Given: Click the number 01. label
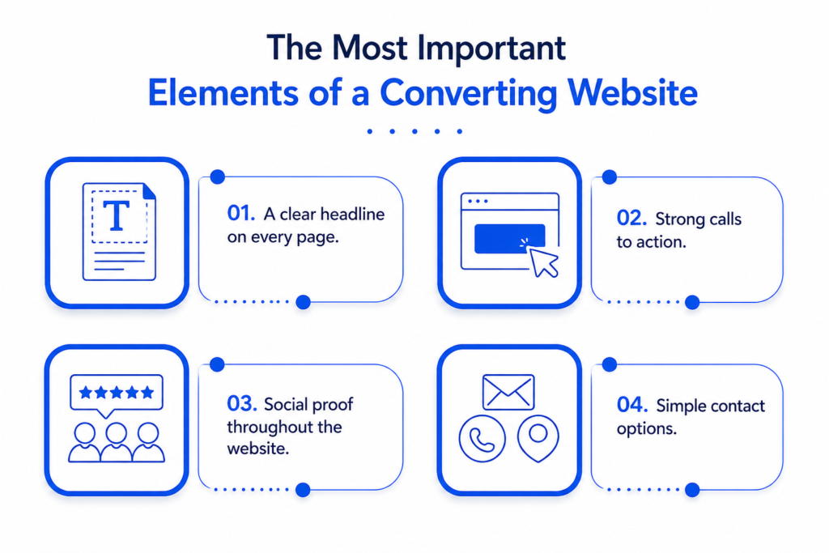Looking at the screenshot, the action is (241, 213).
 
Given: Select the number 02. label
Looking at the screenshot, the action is (631, 218).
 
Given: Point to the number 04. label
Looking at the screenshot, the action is (632, 405).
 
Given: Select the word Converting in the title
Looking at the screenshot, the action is (469, 94).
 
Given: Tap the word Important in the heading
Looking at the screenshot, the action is (491, 48).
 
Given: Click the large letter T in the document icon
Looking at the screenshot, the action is (117, 215).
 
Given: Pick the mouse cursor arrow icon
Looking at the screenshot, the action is (544, 262).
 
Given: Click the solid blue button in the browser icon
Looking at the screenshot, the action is (510, 238).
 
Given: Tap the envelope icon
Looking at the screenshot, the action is (508, 392).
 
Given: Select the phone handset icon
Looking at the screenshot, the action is (483, 439).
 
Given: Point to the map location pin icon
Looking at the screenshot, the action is (538, 438).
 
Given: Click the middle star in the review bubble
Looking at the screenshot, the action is (117, 392).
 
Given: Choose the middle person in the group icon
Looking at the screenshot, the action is (117, 443).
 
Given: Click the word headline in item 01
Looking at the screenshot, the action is (353, 214).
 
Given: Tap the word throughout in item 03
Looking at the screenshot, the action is (265, 427).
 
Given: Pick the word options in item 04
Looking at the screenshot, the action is (647, 429).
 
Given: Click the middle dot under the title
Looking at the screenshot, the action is (414, 131).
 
